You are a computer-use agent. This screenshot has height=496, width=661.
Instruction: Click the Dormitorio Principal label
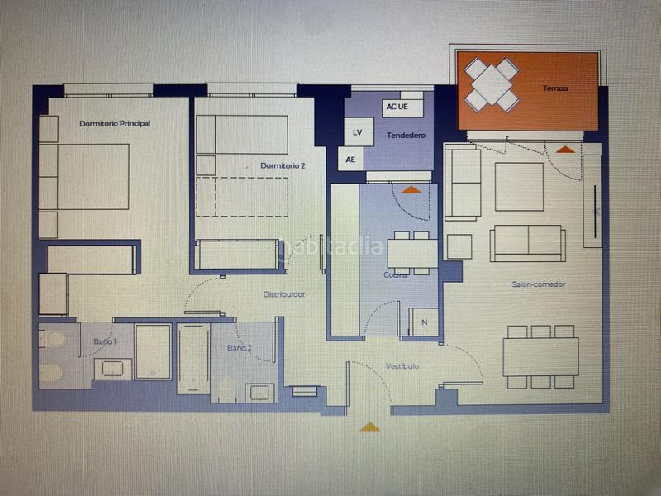pos(115,123)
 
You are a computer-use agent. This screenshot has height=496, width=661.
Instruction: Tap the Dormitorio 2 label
pos(283,166)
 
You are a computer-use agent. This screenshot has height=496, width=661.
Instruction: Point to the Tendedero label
pos(405,135)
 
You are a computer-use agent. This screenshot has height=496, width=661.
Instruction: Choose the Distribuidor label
pos(284,294)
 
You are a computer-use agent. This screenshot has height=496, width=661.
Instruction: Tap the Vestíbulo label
pos(402,365)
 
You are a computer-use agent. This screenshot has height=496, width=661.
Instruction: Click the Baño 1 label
pos(103,341)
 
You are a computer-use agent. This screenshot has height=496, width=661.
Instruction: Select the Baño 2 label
pos(240,348)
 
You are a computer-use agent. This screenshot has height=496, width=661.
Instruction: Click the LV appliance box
pos(357,132)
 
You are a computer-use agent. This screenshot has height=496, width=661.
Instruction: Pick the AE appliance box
pos(350,160)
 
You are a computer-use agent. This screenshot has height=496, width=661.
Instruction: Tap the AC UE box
pos(397,107)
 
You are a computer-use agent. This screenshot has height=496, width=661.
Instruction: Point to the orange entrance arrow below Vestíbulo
pos(370,427)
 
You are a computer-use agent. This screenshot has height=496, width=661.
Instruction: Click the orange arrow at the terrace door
pos(565,149)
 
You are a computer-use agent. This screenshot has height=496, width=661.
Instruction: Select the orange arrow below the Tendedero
pos(410,189)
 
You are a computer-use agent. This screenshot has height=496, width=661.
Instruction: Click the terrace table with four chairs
pos(492,83)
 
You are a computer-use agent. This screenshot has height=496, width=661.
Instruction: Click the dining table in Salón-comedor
pos(540,355)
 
